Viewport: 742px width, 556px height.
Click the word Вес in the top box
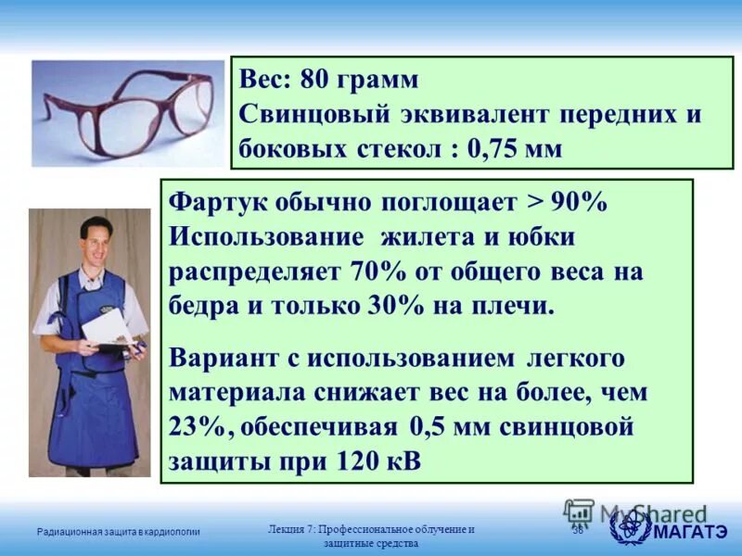(265, 80)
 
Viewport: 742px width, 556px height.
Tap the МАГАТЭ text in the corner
(690, 530)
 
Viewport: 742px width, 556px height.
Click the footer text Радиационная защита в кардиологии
(119, 531)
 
